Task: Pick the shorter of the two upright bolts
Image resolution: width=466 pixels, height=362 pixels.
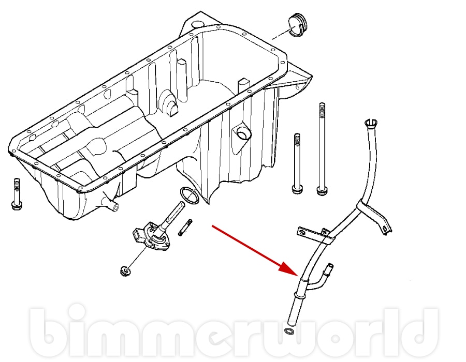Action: click(x=297, y=163)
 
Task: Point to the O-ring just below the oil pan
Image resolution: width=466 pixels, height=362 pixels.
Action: click(x=188, y=195)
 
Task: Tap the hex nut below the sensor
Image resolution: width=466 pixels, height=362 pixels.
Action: click(x=124, y=269)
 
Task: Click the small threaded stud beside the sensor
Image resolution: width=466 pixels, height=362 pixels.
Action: click(x=185, y=227)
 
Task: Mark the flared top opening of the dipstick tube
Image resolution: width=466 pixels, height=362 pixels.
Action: click(x=369, y=123)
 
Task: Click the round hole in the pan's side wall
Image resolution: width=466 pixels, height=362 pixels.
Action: click(x=242, y=133)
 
